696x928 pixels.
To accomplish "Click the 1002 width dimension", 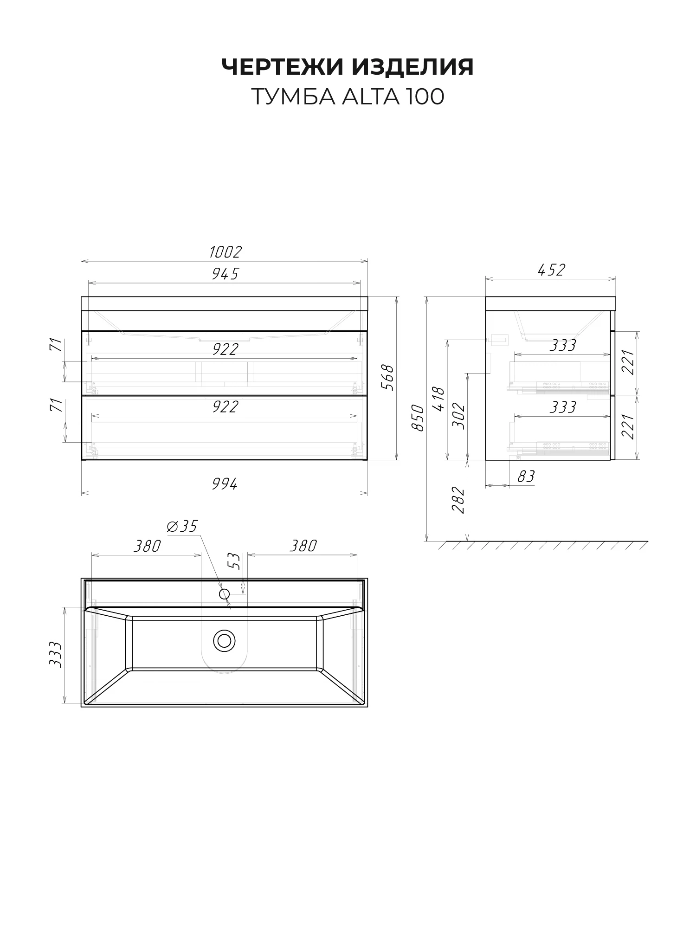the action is click(x=226, y=252).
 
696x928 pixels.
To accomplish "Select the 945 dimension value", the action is click(x=225, y=274).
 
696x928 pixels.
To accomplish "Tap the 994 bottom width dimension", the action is click(x=225, y=484).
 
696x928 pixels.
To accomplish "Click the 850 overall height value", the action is click(x=418, y=418).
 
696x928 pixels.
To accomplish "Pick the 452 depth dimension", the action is click(x=551, y=270).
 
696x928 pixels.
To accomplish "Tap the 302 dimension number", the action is click(x=458, y=416).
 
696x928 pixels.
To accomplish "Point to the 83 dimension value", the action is click(x=526, y=477).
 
